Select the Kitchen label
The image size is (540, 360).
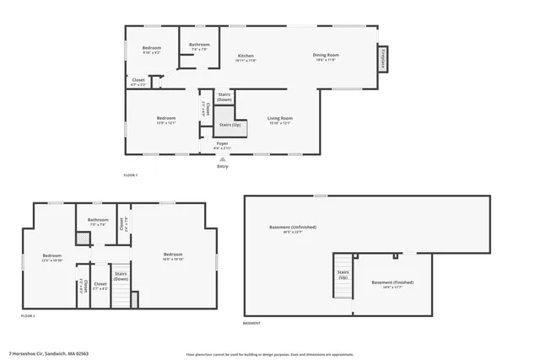click(245, 55)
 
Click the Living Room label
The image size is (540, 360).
click(279, 117)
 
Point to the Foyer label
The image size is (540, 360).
click(222, 143)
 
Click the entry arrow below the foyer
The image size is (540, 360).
click(222, 159)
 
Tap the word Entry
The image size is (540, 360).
click(222, 166)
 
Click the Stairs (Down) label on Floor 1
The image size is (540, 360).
click(224, 97)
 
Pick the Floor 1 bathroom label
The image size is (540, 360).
click(199, 44)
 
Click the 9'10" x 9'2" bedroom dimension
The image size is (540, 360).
click(151, 53)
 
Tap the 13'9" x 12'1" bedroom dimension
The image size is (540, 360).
click(165, 122)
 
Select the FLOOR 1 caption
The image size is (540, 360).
click(130, 175)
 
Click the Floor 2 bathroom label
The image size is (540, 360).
click(98, 221)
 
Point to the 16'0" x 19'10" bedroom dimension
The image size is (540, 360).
click(173, 260)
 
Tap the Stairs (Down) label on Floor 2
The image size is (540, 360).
click(120, 276)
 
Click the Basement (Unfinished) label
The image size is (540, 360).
click(291, 228)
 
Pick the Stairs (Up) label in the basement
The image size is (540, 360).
click(343, 274)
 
